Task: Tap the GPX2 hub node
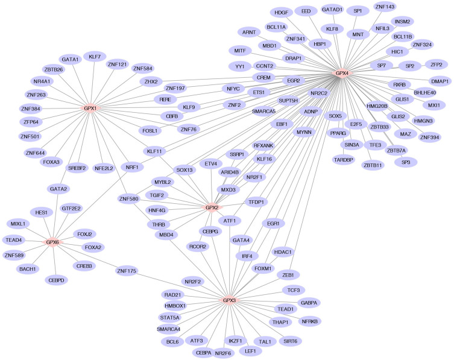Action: pos(212,208)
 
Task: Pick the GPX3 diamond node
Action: pos(229,300)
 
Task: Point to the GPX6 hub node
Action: pos(53,242)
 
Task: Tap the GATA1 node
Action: pos(70,59)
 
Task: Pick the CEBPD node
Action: pos(57,279)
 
